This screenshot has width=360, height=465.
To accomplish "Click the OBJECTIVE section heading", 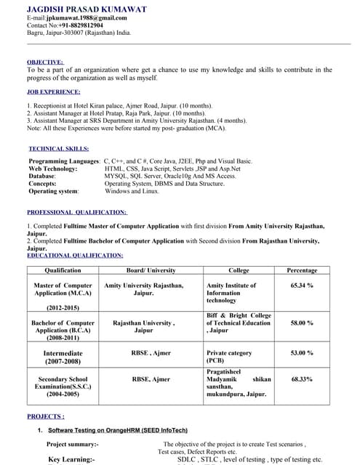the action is (45, 62).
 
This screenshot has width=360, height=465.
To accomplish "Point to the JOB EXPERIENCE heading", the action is (54, 92).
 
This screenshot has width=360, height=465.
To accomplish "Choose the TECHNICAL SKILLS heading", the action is (58, 148).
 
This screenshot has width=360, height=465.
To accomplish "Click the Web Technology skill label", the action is (52, 168).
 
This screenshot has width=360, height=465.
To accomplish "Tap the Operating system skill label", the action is (53, 191).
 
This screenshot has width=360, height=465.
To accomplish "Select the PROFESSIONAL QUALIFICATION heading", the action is (77, 212).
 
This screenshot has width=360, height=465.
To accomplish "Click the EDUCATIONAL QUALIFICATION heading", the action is (75, 255).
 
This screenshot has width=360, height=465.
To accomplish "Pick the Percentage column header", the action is (302, 270).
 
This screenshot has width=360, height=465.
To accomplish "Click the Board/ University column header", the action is (151, 270).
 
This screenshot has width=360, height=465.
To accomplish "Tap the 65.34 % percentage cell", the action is (302, 286).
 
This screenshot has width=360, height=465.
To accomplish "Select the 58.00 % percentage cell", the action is (302, 323).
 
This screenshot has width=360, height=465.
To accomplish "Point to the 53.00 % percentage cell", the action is (302, 353).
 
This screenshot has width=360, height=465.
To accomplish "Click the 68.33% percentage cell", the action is (302, 379).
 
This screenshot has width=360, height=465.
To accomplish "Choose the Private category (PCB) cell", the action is (229, 357).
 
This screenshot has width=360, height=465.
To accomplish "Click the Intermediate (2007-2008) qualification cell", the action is (63, 357).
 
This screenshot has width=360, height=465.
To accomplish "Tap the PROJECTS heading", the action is (46, 416).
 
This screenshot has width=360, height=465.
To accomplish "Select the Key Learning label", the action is (71, 459).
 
